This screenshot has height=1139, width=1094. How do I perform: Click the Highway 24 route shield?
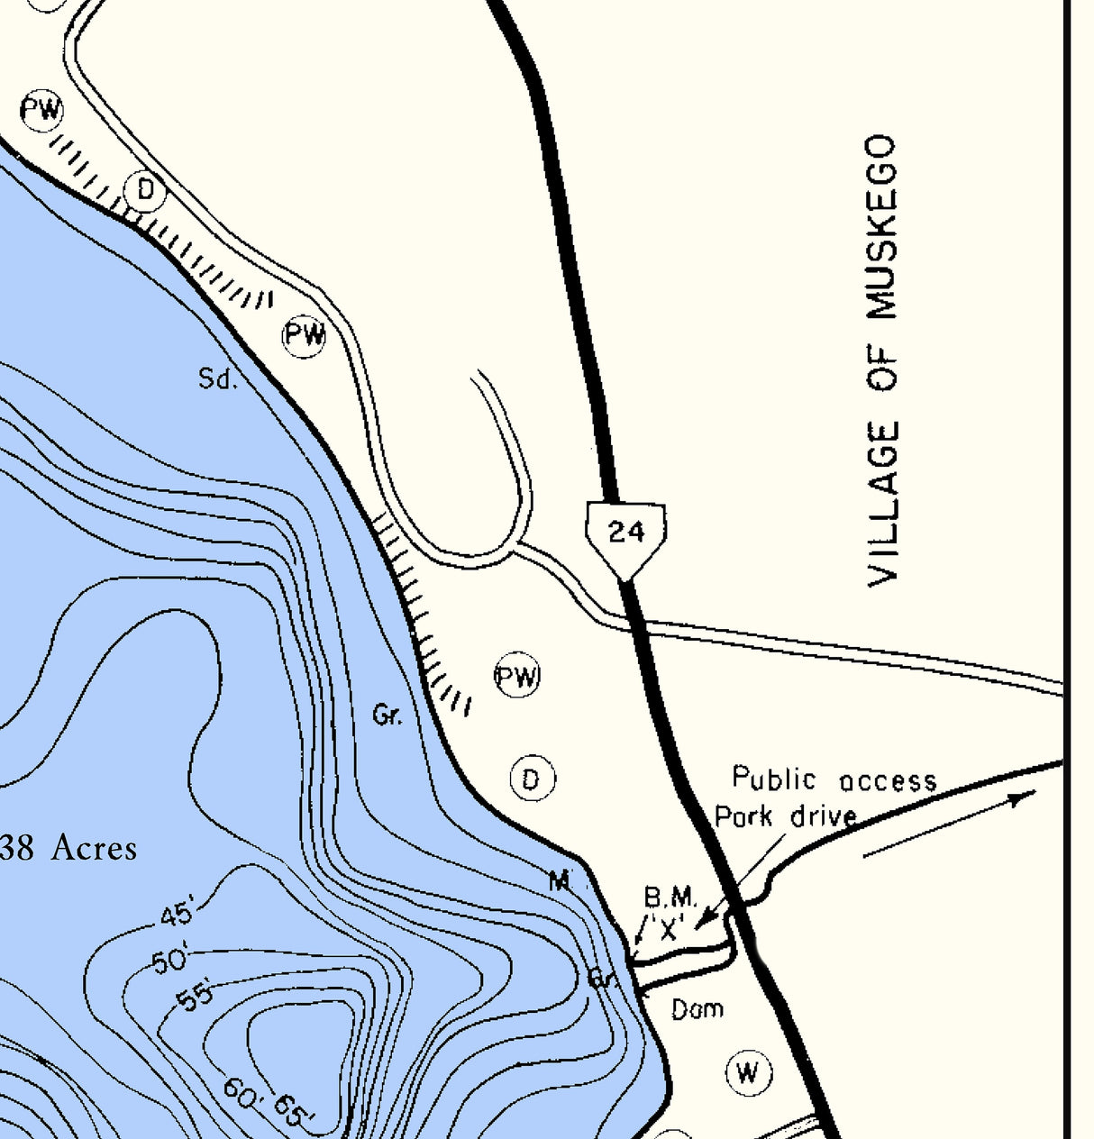coord(626,534)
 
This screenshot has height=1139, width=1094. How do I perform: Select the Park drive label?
coord(785,816)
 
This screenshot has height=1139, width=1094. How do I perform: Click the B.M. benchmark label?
coord(670,898)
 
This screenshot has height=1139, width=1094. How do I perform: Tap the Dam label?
coord(697,1009)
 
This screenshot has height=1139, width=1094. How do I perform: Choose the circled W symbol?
coord(748,1072)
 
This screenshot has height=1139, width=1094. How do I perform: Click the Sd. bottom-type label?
coord(218,379)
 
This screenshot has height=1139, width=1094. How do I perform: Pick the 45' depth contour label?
coord(178,916)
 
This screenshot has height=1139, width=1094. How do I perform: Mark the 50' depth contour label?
coord(171,961)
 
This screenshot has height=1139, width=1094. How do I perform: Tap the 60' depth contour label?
coord(241,1093)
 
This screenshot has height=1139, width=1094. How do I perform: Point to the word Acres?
coord(95,848)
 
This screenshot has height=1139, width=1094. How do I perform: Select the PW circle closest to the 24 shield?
coord(517,676)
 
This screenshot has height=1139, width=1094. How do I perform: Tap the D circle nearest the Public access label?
coord(533,779)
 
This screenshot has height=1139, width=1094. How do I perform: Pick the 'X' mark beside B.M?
coord(670,928)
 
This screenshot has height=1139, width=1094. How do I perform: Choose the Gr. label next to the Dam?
coord(603,978)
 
